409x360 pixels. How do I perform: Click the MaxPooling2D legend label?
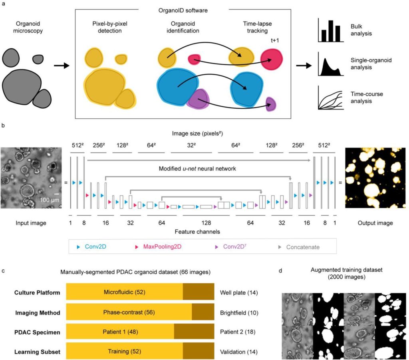[163, 247]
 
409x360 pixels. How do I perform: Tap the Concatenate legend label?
[302, 247]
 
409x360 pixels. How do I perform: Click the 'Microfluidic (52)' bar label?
[124, 292]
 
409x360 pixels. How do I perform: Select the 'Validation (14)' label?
[238, 352]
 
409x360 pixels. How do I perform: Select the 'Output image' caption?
[375, 223]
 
